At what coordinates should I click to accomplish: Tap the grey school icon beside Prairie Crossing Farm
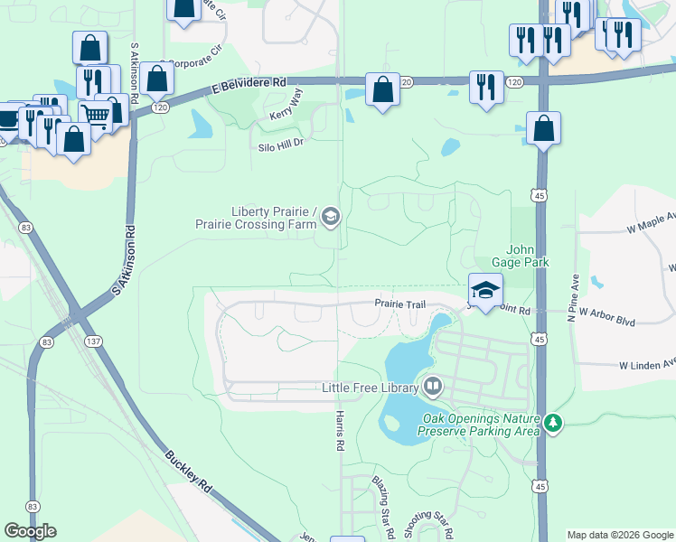click(330, 217)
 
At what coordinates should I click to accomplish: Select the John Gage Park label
click(528, 256)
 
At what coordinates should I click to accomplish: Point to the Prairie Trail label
click(400, 305)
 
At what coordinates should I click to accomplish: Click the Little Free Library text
click(371, 388)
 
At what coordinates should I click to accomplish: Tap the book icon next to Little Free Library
click(433, 388)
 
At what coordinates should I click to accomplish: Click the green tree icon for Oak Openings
click(553, 423)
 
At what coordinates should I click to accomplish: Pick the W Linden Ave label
click(647, 365)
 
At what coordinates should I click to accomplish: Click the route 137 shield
click(93, 341)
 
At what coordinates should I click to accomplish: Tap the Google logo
click(31, 531)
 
